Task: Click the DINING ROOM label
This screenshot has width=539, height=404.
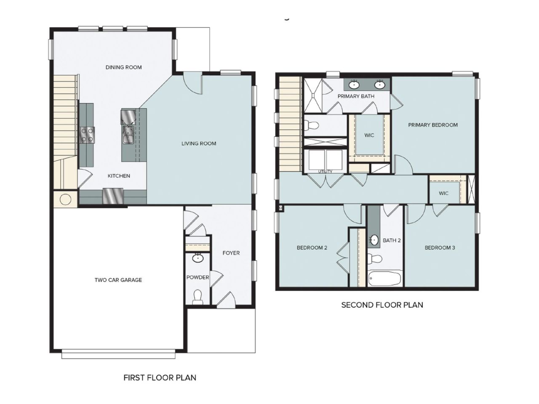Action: coord(123,67)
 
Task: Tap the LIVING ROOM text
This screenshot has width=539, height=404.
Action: coord(199,144)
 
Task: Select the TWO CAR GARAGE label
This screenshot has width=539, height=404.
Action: coord(118,280)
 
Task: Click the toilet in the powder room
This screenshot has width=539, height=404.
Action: coord(197,298)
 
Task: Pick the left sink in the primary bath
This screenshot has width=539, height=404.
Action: coord(355,85)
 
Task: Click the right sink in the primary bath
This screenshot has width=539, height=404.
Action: coord(380,85)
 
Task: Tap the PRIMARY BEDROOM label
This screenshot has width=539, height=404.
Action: coord(432,125)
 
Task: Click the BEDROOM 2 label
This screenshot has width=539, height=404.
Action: coord(312,248)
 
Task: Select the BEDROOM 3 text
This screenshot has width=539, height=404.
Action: coord(440,248)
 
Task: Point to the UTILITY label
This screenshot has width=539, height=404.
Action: coord(325,172)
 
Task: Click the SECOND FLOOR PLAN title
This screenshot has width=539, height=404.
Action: coord(382,305)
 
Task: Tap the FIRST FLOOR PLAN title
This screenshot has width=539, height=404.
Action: coord(160,377)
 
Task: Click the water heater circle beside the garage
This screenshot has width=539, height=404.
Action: coord(65,199)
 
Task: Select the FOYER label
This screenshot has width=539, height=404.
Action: coord(231,253)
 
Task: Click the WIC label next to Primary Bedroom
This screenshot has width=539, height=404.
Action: coord(369,136)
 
